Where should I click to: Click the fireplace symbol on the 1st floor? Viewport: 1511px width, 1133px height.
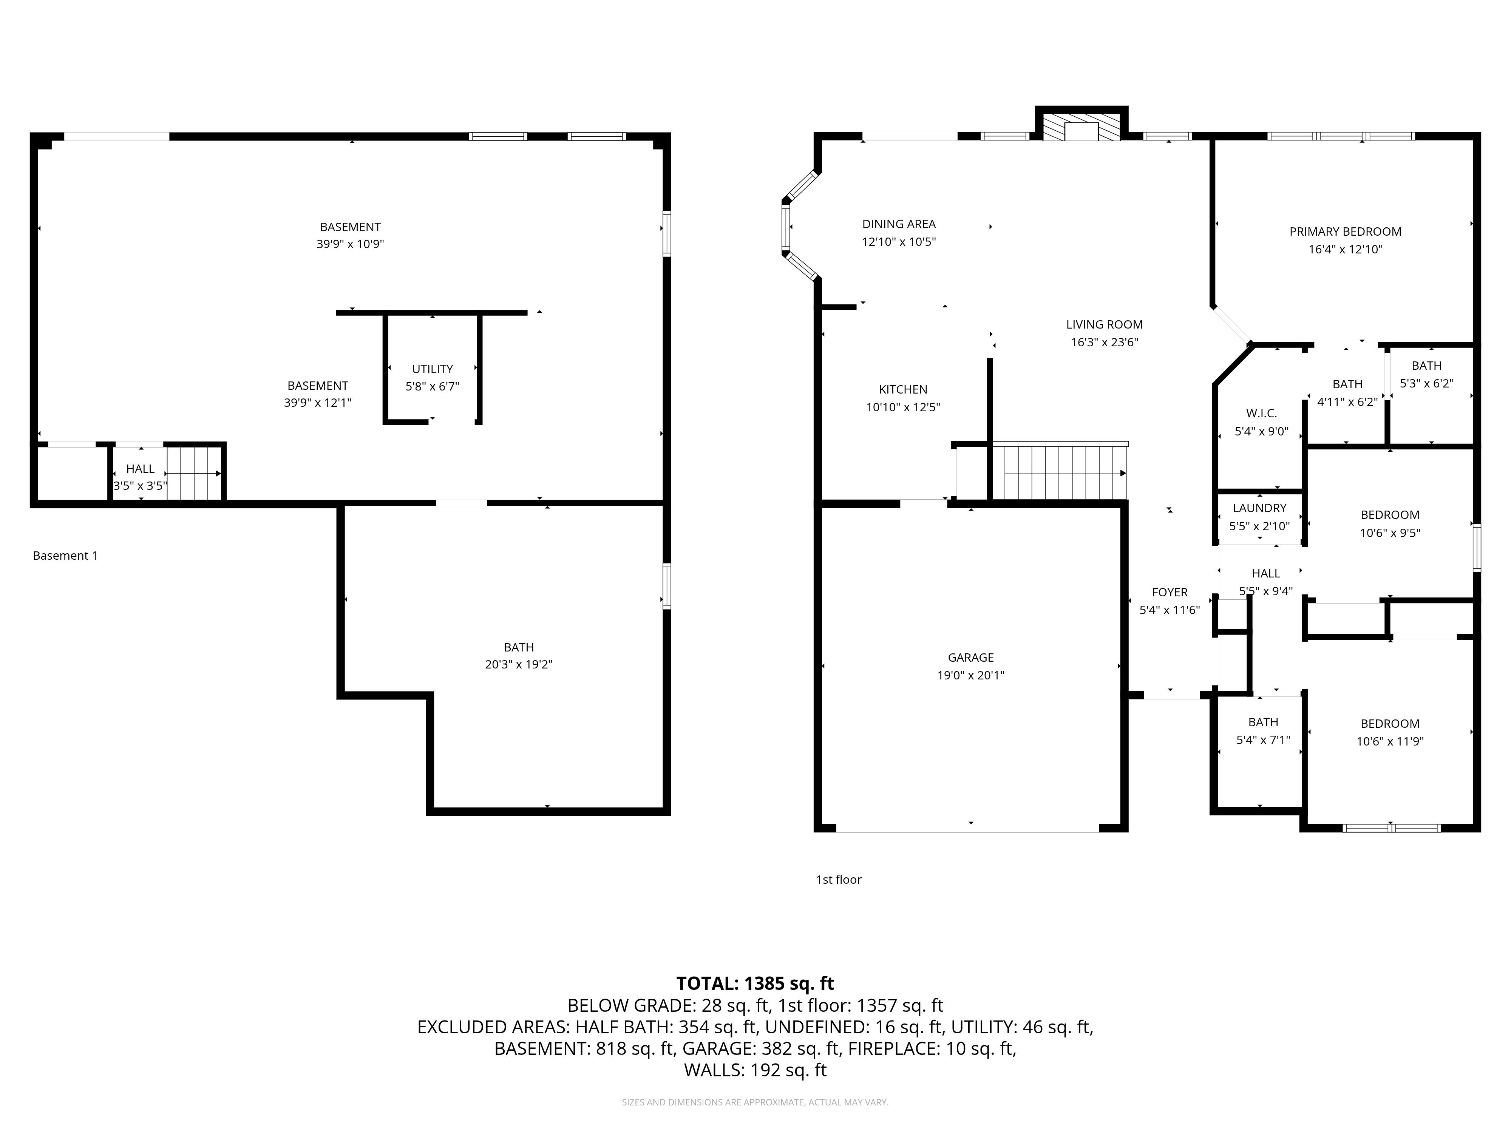(x=1081, y=127)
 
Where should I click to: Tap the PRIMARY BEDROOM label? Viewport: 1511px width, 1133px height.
(x=1345, y=232)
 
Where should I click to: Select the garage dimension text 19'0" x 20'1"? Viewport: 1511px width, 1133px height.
(x=971, y=675)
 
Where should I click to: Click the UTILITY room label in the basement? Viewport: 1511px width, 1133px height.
(x=433, y=369)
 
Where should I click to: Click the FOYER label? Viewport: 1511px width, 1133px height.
(x=1170, y=592)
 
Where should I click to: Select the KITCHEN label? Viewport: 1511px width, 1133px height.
(x=903, y=389)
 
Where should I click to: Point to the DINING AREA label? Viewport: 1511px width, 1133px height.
(x=899, y=224)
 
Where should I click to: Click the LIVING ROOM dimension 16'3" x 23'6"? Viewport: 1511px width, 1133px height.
(x=1105, y=342)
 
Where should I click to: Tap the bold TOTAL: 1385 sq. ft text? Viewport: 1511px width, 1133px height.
(x=755, y=983)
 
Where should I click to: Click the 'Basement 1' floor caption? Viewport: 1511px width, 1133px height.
(x=65, y=556)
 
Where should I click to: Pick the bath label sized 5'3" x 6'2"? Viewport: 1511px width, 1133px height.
(x=1426, y=366)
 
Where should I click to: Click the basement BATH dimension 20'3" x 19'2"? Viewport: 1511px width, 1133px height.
(x=519, y=664)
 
